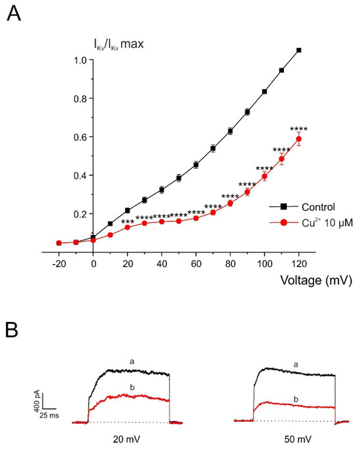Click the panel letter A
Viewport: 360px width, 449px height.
pos(14,14)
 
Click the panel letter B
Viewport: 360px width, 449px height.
pos(12,330)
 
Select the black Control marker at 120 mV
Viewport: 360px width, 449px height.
pos(298,50)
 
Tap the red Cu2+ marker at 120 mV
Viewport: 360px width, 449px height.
pos(298,139)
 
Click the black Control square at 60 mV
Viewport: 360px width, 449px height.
pos(196,165)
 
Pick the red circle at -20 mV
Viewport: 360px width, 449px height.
pos(59,243)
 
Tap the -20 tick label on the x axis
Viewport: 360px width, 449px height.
pos(59,263)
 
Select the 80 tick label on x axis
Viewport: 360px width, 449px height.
pos(230,263)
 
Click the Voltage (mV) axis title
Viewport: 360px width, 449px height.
pos(316,280)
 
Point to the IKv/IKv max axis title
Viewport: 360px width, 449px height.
pos(119,44)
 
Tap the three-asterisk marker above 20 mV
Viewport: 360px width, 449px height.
pos(128,223)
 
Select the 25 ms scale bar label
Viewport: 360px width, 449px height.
pos(49,415)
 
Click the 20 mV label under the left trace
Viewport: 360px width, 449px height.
pos(126,439)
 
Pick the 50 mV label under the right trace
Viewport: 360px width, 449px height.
pos(298,439)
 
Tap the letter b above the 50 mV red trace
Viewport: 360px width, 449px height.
pos(296,399)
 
